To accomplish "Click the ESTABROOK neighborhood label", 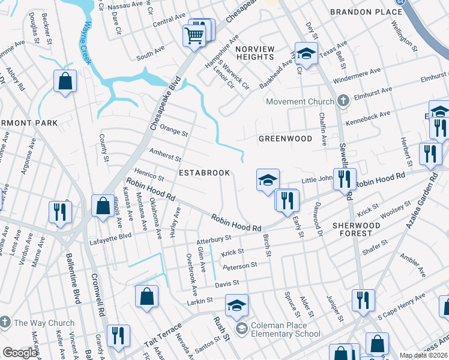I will click(x=205, y=173).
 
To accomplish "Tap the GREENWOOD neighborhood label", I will click(x=285, y=139).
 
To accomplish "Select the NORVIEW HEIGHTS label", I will click(x=255, y=53).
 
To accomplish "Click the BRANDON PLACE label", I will click(x=366, y=12).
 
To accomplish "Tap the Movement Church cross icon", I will click(x=343, y=101).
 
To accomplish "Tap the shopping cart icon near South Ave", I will click(x=194, y=36).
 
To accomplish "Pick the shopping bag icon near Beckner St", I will click(x=65, y=80).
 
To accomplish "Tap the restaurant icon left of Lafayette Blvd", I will click(x=60, y=211).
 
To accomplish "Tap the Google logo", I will click(x=20, y=353).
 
